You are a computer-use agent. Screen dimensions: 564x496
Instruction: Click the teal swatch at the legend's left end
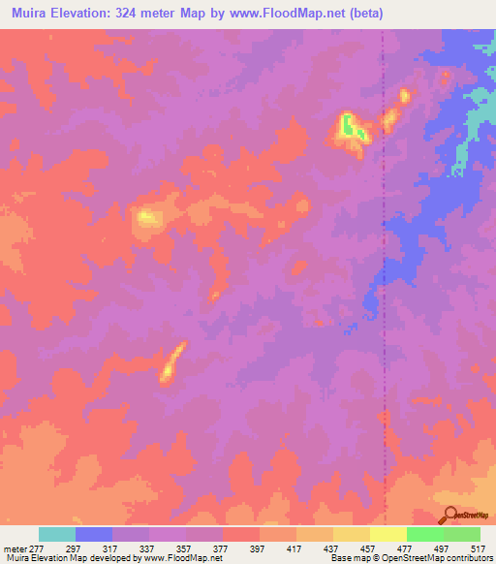57,534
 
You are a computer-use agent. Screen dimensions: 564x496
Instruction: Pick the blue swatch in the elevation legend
94,534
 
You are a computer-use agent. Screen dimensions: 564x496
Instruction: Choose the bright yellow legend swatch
388,534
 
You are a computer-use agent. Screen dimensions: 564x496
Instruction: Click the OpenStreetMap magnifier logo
449,517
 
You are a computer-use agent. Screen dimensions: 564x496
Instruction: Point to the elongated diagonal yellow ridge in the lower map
172,362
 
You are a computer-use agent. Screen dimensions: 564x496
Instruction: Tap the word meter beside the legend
14,548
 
